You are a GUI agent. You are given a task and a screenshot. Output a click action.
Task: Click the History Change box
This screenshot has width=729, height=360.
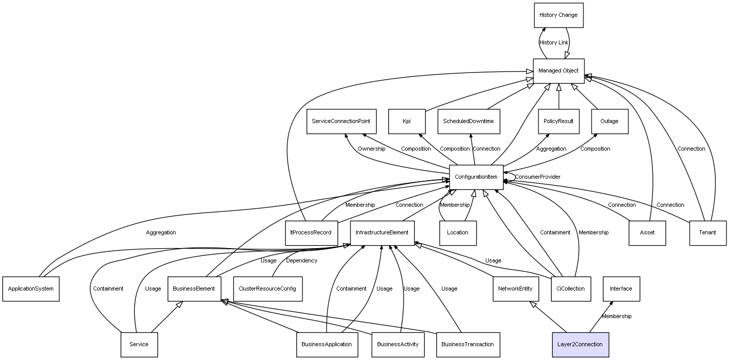(558, 15)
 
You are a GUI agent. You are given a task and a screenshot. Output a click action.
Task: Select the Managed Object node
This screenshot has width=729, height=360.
(558, 71)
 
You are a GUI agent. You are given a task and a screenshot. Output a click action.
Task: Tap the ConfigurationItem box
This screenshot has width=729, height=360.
(476, 177)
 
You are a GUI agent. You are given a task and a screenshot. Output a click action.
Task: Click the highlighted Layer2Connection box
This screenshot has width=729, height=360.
(580, 344)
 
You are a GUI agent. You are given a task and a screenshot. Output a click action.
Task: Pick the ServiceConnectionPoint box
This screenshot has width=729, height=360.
(341, 122)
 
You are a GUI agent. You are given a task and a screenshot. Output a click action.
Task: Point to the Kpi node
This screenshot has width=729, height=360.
(407, 122)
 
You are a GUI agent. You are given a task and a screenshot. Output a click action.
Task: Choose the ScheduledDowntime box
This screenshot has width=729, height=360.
(468, 122)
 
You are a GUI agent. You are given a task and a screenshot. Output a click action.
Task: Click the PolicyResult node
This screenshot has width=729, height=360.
(558, 122)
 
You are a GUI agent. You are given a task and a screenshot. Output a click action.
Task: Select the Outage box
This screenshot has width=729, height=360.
(609, 122)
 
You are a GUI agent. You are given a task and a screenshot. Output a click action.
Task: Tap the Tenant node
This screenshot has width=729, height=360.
(708, 233)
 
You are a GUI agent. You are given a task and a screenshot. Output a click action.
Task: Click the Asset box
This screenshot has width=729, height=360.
(647, 233)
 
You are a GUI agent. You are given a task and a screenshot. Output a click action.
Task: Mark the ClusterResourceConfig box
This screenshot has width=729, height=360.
(267, 289)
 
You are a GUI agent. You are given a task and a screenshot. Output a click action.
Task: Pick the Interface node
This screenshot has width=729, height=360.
(621, 289)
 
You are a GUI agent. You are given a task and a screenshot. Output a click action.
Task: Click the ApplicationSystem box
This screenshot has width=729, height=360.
(31, 289)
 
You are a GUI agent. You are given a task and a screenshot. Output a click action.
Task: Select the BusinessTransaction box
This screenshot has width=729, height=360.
(467, 344)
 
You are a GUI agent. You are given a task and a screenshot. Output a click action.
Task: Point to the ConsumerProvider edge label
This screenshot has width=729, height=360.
(537, 177)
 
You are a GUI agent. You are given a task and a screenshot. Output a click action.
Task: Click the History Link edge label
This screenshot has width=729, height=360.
(554, 43)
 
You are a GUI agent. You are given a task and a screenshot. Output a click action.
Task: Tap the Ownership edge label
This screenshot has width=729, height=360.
(371, 149)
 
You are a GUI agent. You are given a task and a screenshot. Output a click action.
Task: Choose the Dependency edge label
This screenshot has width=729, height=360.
(301, 261)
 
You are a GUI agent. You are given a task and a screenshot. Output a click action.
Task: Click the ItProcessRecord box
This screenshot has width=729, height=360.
(311, 233)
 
